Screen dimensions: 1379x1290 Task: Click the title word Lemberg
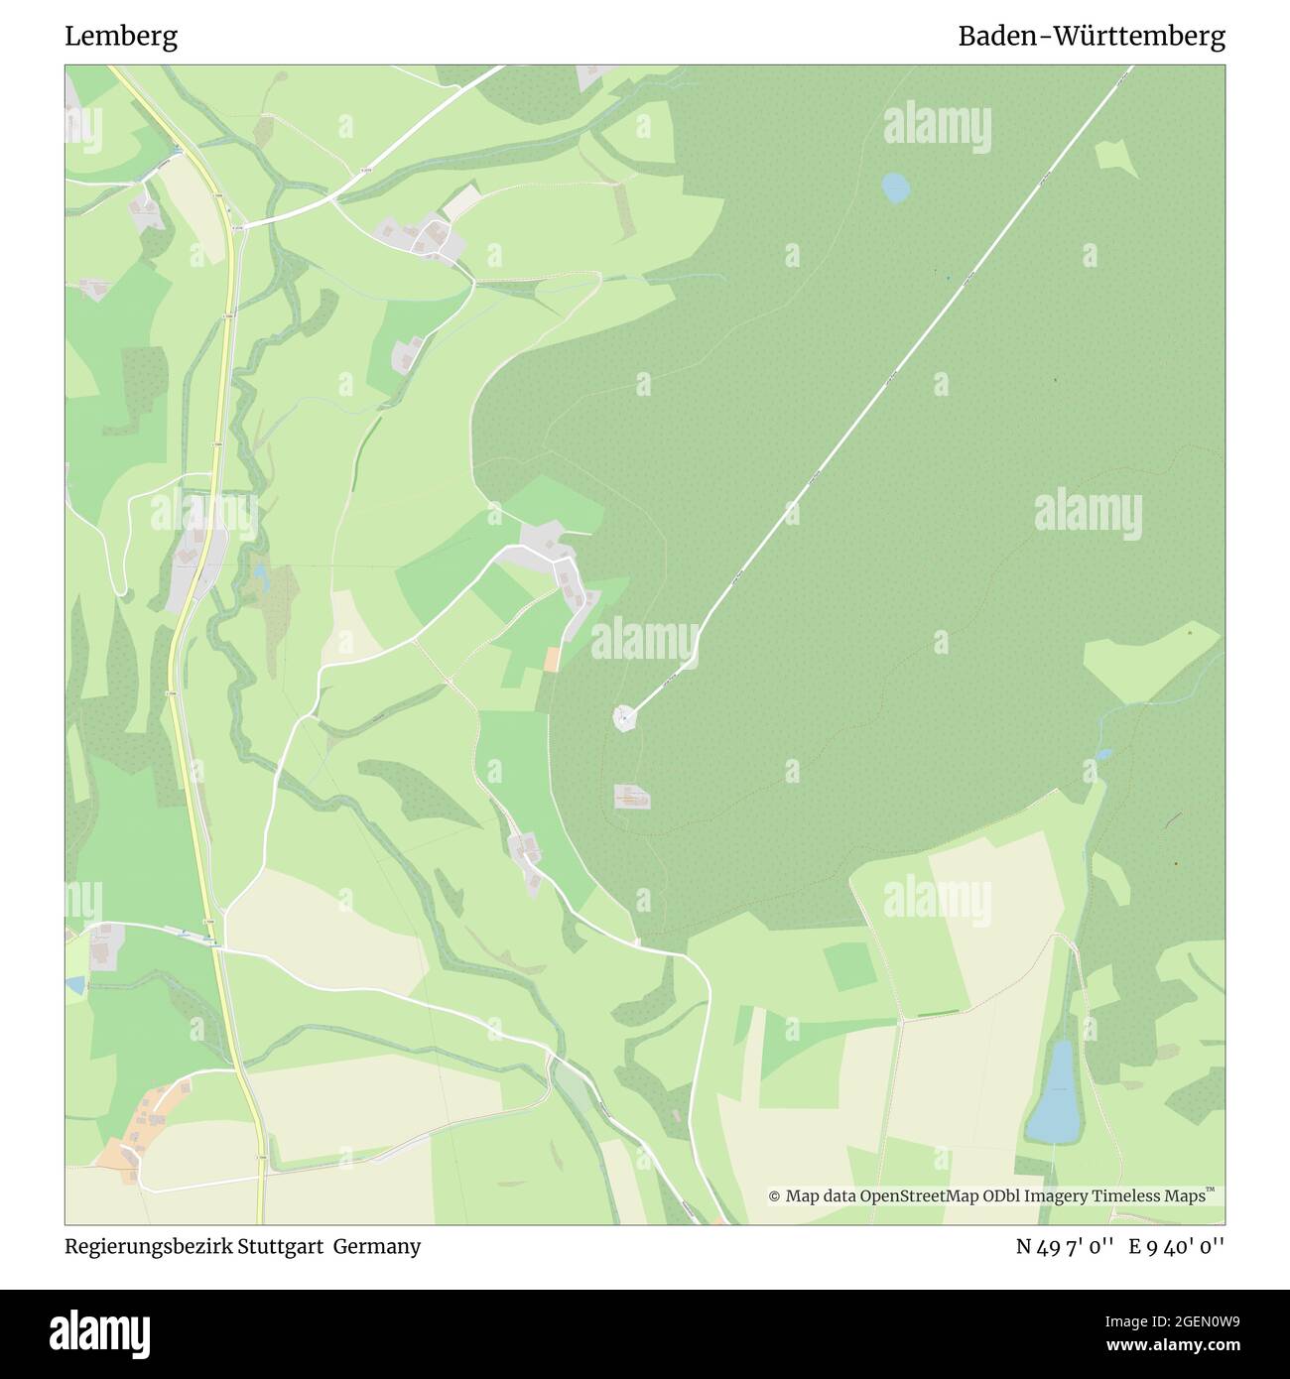(121, 37)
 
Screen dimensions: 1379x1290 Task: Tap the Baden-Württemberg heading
(1091, 37)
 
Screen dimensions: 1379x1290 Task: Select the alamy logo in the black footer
(100, 1332)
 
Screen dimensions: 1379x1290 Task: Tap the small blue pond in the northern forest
(896, 187)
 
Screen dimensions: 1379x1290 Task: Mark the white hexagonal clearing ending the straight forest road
(623, 716)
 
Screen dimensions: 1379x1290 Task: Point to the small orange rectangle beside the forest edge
(552, 659)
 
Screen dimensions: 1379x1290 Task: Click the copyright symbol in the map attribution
(775, 1196)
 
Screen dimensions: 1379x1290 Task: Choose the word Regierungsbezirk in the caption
(147, 1246)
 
